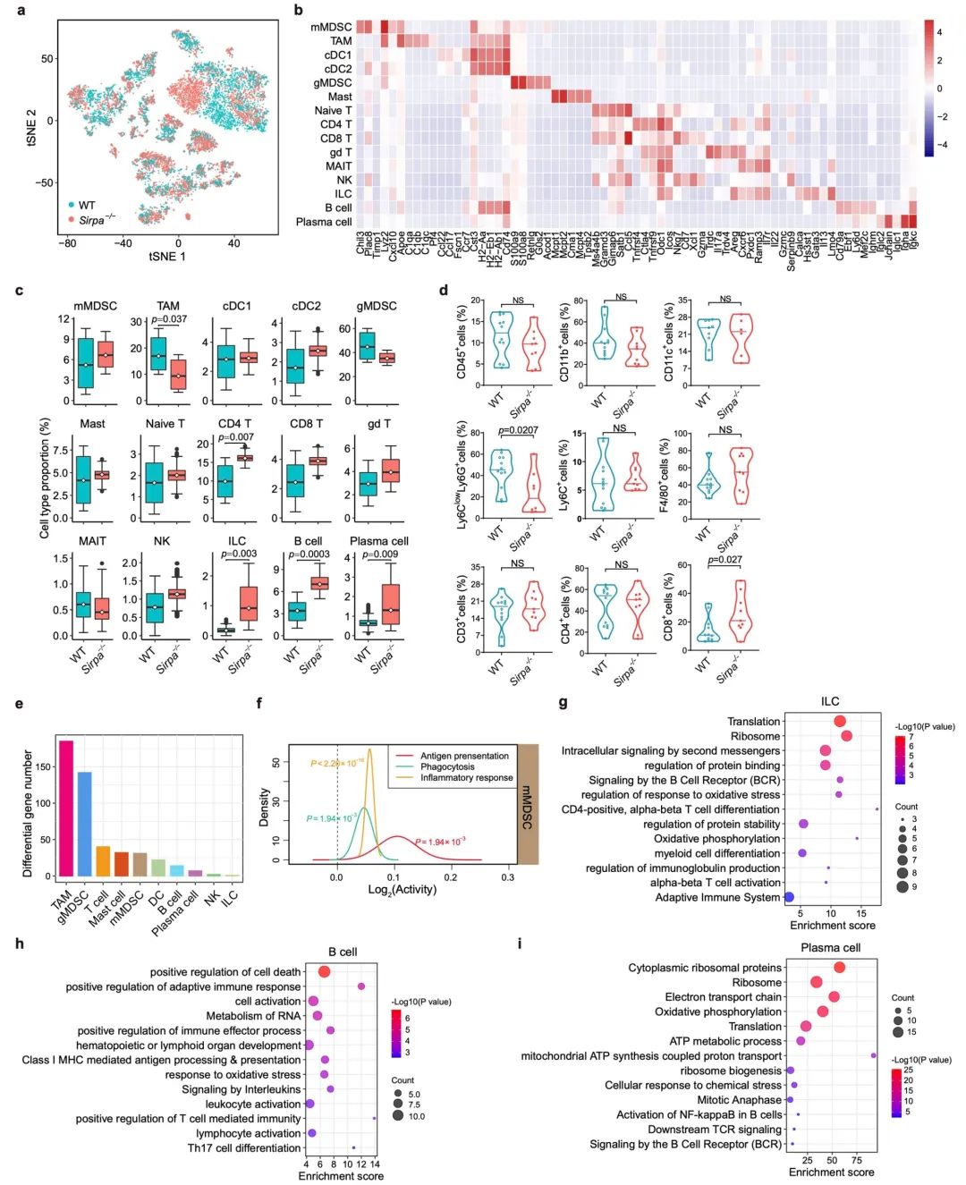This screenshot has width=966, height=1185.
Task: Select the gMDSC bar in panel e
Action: pos(85,823)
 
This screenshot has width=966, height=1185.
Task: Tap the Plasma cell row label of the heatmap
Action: pos(324,222)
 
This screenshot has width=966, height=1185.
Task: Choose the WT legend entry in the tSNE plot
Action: pos(86,206)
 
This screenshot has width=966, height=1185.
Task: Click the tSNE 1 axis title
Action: pos(167,257)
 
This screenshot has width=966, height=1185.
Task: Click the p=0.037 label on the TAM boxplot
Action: pos(169,319)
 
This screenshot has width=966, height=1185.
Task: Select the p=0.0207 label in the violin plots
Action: pos(518,431)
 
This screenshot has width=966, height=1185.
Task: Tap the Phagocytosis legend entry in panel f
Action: pos(449,766)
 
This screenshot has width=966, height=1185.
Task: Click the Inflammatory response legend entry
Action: pos(466,777)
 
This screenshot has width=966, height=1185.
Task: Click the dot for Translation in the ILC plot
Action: pos(839,722)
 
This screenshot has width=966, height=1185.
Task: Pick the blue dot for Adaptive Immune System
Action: pos(789,897)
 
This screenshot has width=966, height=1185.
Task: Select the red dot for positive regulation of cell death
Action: pos(324,972)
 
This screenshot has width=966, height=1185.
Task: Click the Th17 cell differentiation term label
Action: pos(244,1148)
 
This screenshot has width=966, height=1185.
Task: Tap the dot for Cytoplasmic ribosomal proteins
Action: pos(839,968)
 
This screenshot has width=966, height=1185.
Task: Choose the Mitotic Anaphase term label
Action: pos(739,1100)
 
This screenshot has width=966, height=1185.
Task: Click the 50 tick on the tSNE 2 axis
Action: pos(48,59)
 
